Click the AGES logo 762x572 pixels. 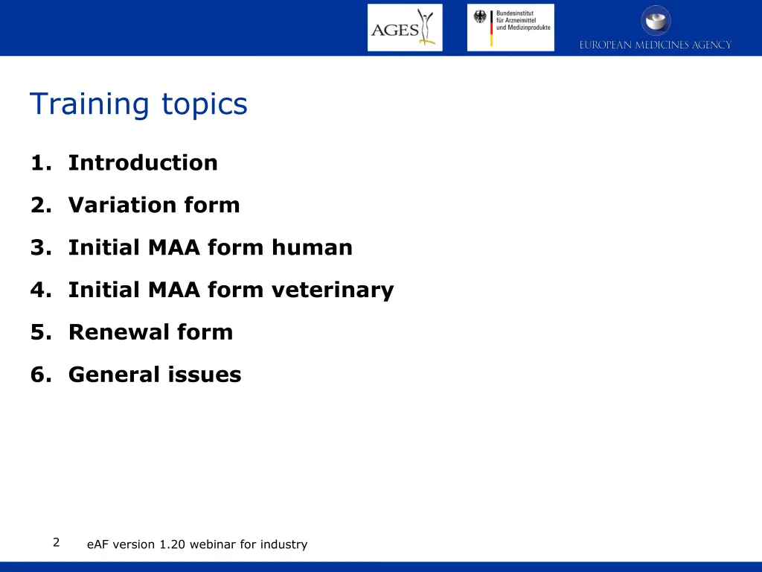click(x=404, y=28)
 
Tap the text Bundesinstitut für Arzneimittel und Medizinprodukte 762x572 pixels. click(x=522, y=21)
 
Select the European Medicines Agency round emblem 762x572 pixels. click(x=656, y=20)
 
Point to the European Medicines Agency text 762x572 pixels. click(x=656, y=45)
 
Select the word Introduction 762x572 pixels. click(x=143, y=162)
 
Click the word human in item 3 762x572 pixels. click(x=312, y=247)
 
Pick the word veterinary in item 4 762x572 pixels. click(x=332, y=290)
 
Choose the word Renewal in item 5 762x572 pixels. click(x=109, y=332)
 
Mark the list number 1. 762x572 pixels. click(x=38, y=162)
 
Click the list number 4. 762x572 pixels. click(x=38, y=290)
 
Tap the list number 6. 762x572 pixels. click(x=38, y=375)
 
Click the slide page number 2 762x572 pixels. click(x=56, y=542)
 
